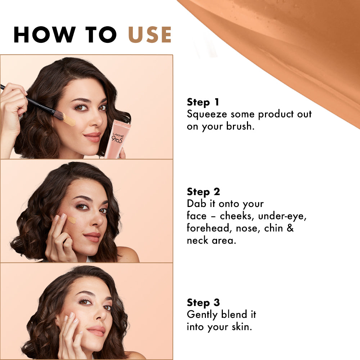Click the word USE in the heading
pos(150,35)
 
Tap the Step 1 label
pos(203,102)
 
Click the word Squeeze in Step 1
pos(207,114)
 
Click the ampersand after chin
pos(290,228)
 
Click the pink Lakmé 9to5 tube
pos(117,139)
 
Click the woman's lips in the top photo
pos(93,137)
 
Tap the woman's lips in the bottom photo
pos(96,331)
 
